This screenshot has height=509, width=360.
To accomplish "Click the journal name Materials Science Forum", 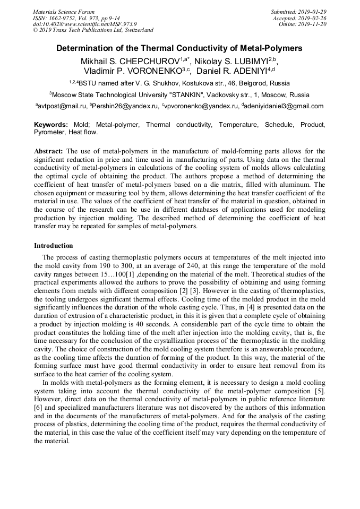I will coord(64,12).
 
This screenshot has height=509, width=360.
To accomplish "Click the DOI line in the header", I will coord(85,24).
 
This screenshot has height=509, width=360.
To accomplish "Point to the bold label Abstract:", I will coord(48,151).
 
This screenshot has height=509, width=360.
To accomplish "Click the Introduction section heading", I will coord(54,246).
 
